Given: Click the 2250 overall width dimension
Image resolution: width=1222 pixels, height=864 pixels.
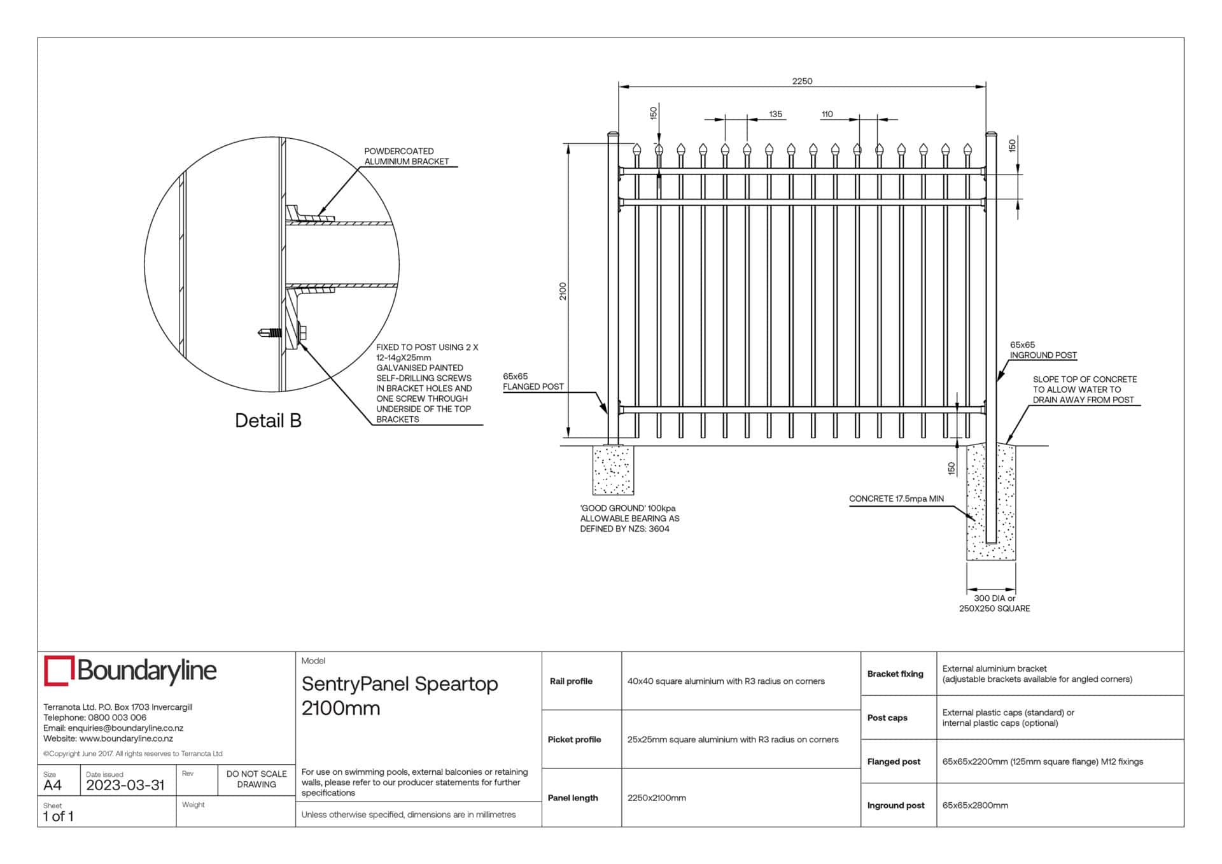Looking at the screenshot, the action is [x=802, y=81].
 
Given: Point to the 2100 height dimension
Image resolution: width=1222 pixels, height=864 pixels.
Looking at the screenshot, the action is [x=563, y=292].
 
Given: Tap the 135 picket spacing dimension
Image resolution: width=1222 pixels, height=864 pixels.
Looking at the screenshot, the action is [x=775, y=114].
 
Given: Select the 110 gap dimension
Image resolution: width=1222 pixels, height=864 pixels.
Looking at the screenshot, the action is [x=827, y=114].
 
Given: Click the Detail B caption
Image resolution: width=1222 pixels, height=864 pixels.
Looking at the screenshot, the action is [x=268, y=420].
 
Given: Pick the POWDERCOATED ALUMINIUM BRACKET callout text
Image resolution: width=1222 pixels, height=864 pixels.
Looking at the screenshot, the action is [x=407, y=156].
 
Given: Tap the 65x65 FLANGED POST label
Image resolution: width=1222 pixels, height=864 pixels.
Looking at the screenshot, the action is [x=533, y=381].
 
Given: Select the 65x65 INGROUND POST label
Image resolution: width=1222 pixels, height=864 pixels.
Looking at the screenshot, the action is [x=1043, y=350].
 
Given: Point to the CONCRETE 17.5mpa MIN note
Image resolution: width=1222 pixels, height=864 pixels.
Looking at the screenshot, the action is [x=896, y=499].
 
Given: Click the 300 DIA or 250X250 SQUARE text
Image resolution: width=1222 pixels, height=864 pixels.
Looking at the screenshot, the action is [x=994, y=604].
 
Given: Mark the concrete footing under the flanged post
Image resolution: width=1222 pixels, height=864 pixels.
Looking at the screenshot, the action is [x=614, y=470].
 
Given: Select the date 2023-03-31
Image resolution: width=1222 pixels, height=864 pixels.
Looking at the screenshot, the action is [x=125, y=785].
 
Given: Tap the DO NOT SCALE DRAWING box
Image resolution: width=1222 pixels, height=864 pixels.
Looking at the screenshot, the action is [x=256, y=779].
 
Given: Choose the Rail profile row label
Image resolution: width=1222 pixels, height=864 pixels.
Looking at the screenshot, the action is [x=571, y=681].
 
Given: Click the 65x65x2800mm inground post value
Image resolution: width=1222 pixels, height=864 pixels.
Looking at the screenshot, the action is [x=975, y=805].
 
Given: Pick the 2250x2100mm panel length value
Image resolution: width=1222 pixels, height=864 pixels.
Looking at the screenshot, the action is [x=657, y=798].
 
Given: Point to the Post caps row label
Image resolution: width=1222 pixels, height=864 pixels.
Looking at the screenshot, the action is [x=887, y=718].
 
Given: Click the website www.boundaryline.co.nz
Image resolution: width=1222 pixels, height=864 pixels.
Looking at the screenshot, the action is [x=126, y=739].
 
